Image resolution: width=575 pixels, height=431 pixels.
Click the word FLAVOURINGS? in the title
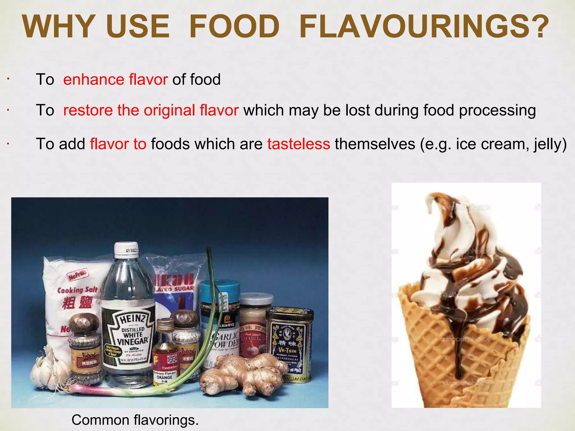[424, 26]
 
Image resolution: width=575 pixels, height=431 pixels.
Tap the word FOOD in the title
[234, 26]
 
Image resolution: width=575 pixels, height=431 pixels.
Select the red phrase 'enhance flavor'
[115, 79]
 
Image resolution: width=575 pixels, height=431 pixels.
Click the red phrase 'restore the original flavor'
[151, 110]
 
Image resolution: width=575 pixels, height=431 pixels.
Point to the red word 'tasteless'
[298, 144]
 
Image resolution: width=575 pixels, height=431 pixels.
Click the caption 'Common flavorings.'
[135, 420]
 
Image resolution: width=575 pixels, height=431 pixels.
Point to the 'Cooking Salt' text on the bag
[77, 290]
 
